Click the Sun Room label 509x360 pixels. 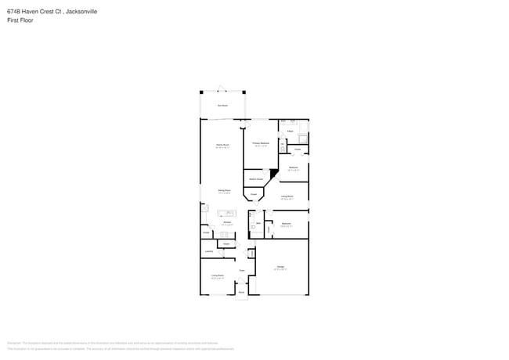tap(222, 105)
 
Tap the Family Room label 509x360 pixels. tap(222, 145)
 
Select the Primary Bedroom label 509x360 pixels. tap(261, 143)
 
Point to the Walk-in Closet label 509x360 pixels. tap(256, 179)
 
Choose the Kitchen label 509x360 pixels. tap(226, 222)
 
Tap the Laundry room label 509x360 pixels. tap(209, 251)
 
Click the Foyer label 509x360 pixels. tap(242, 271)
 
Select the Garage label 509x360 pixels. tap(280, 268)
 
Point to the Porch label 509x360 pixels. tap(241, 292)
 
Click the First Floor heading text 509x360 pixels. tap(20, 20)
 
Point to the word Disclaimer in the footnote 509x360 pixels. tap(14, 343)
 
